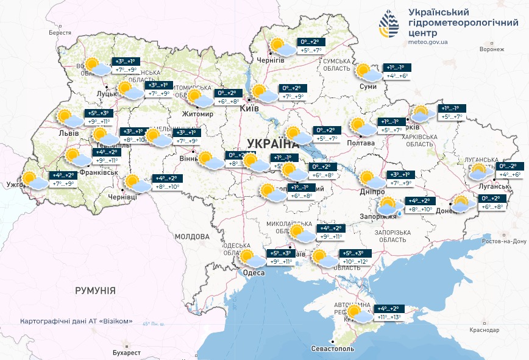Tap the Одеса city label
[x=254, y=272]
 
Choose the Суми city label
[x=368, y=87]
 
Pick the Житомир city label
[x=197, y=114]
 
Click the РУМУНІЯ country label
[x=95, y=291]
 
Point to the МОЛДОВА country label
[x=192, y=236]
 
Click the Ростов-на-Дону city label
[x=503, y=242]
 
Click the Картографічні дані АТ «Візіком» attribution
[x=76, y=321]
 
